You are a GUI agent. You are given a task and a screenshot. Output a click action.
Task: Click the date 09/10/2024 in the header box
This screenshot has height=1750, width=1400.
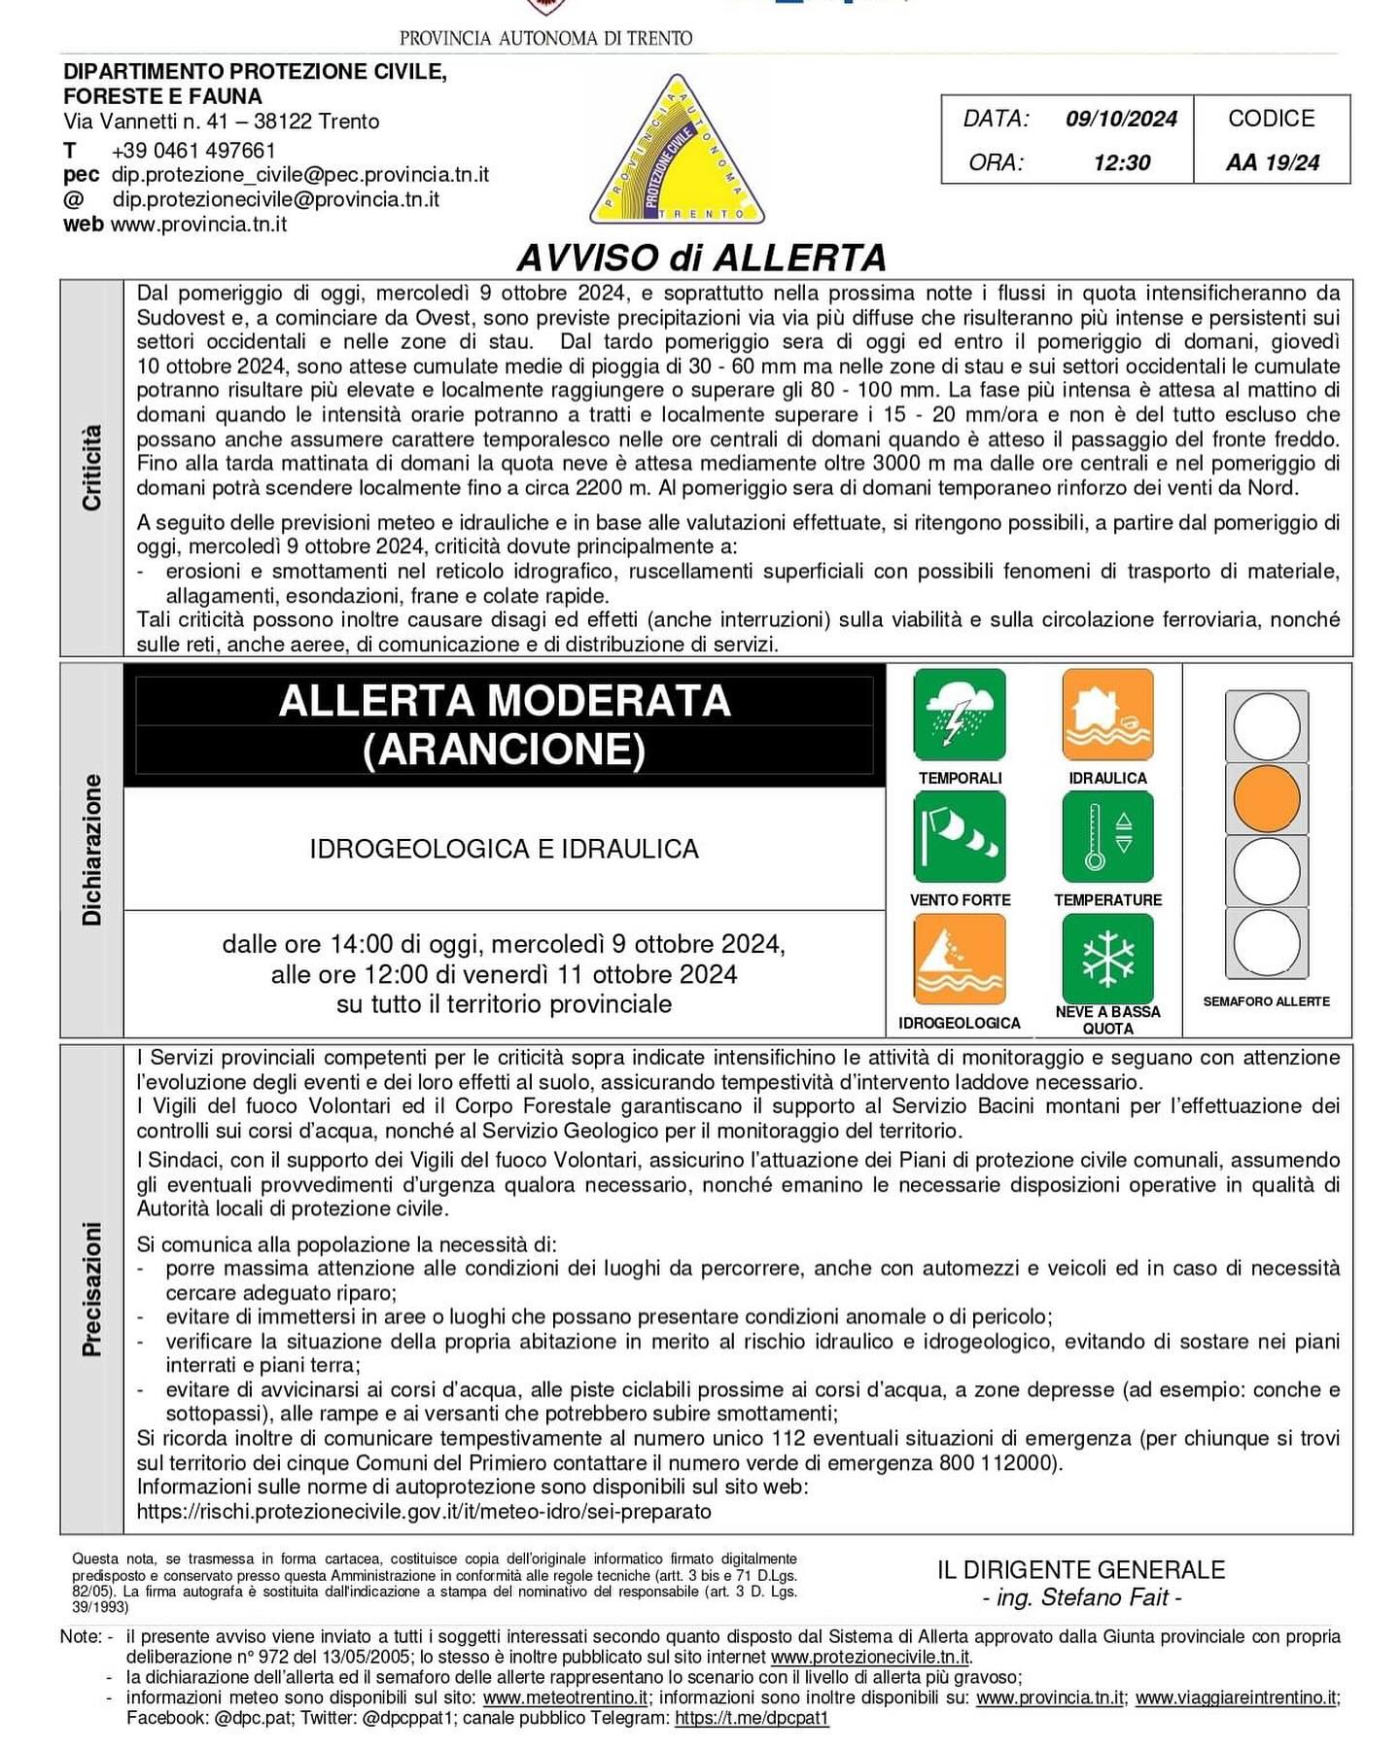[1121, 119]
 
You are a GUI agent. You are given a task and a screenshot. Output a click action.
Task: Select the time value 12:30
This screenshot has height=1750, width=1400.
[1121, 162]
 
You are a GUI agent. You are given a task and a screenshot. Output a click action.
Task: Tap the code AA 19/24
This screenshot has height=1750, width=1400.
[1272, 162]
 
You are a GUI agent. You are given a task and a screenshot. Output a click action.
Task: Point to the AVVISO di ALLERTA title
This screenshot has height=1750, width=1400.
[701, 258]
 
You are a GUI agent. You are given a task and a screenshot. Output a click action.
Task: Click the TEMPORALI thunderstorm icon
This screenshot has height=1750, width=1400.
[960, 715]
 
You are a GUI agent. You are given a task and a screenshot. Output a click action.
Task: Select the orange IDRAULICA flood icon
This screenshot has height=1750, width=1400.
[1107, 715]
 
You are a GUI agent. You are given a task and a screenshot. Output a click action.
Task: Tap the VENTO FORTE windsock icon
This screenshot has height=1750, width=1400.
[960, 837]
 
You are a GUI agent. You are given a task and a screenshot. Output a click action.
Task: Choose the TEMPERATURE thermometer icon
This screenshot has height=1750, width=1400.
[1107, 837]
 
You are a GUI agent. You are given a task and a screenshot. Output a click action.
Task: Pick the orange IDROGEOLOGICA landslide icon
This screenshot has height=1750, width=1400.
[960, 960]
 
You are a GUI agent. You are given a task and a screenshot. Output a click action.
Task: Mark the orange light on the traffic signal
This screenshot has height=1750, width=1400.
[1267, 798]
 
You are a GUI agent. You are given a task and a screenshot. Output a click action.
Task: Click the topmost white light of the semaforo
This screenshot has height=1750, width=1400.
[1267, 726]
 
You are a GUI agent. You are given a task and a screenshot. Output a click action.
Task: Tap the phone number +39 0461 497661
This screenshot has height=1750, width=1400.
[193, 151]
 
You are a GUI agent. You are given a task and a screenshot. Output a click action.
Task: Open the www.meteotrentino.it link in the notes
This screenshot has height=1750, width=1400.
[565, 1697]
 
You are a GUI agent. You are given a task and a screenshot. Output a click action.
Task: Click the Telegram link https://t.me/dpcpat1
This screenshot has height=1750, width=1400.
[752, 1718]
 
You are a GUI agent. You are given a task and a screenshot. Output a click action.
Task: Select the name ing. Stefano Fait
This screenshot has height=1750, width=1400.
[1081, 1597]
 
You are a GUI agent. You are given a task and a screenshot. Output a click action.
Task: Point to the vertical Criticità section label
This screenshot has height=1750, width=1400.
[91, 468]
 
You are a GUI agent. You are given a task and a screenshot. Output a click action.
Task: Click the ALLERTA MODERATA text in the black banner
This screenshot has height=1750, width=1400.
[504, 701]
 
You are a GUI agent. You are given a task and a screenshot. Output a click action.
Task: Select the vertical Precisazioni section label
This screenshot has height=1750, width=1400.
[91, 1288]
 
